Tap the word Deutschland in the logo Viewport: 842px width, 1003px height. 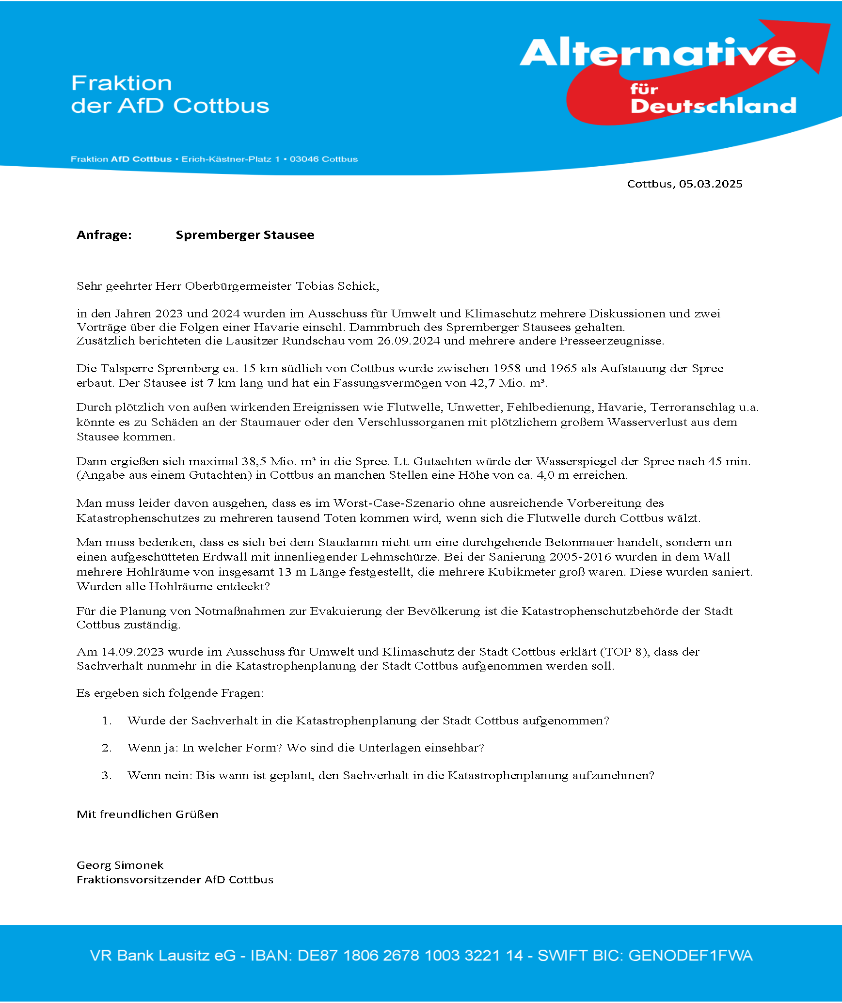(x=713, y=106)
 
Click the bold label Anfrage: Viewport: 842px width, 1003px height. (x=104, y=235)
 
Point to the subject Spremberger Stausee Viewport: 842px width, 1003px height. (x=245, y=235)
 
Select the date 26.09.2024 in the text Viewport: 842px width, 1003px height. (x=408, y=341)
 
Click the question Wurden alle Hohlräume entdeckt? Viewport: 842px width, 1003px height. (x=173, y=586)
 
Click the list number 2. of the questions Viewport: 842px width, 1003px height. (x=107, y=748)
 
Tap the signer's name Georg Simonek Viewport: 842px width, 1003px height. (x=120, y=865)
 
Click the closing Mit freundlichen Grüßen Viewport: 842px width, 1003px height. (x=147, y=814)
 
